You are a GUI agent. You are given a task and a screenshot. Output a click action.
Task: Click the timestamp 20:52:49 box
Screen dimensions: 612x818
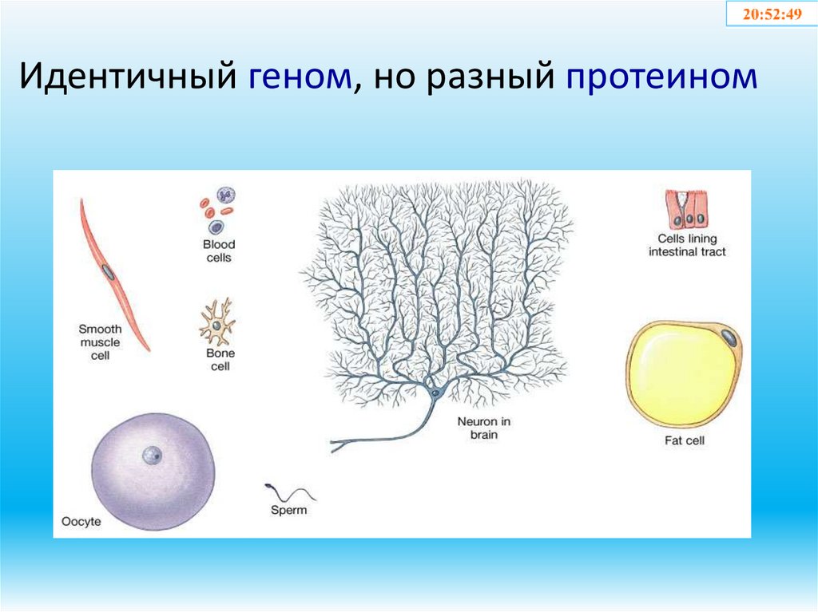click(772, 14)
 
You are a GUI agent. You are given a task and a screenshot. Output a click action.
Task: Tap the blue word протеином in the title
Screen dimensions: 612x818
click(661, 78)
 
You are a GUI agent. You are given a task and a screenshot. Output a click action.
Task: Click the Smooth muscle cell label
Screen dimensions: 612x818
click(100, 342)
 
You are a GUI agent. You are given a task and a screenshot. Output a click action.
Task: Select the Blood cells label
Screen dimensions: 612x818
click(218, 251)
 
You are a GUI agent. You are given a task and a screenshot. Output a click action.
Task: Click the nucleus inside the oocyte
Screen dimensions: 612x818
click(151, 456)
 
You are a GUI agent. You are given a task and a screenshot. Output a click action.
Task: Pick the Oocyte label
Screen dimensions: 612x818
click(81, 523)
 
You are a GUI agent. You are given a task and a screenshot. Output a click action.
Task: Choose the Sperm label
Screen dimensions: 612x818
click(288, 510)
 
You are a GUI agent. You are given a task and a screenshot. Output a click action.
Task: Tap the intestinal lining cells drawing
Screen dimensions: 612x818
click(685, 210)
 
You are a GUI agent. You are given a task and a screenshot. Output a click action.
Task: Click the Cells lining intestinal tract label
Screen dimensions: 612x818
click(687, 245)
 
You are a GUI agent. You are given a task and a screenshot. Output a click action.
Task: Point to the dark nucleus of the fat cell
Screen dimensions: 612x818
click(728, 336)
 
